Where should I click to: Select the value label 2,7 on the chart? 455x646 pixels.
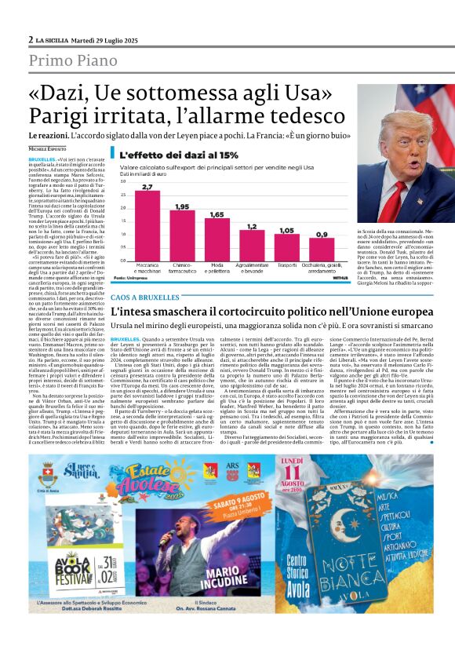point(147,187)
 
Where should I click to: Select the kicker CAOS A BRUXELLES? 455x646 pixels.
point(146,299)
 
